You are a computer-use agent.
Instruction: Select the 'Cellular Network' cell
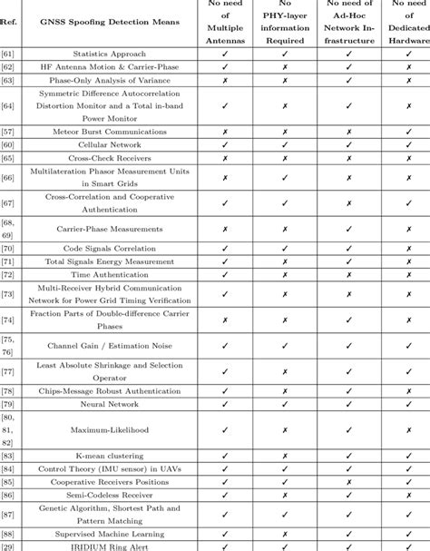point(113,145)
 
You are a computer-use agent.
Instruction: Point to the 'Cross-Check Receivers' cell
point(113,158)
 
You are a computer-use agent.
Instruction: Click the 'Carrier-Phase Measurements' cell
point(113,230)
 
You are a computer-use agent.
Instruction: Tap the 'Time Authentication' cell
point(113,274)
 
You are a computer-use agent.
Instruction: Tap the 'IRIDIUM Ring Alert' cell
point(113,546)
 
